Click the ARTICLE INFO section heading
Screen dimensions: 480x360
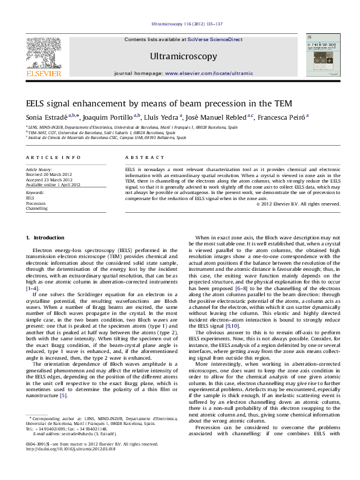tap(53, 157)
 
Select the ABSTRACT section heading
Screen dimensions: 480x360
tap(140, 157)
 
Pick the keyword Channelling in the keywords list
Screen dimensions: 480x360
tap(36, 209)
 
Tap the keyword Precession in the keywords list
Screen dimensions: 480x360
tap(35, 203)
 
